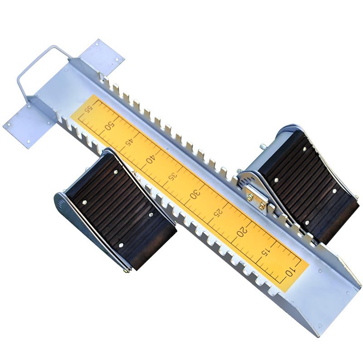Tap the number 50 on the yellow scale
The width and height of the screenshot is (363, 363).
(109, 126)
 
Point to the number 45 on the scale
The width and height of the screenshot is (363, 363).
(130, 142)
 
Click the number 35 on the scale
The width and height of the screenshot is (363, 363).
(172, 177)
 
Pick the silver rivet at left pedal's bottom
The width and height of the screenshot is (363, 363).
(121, 245)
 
